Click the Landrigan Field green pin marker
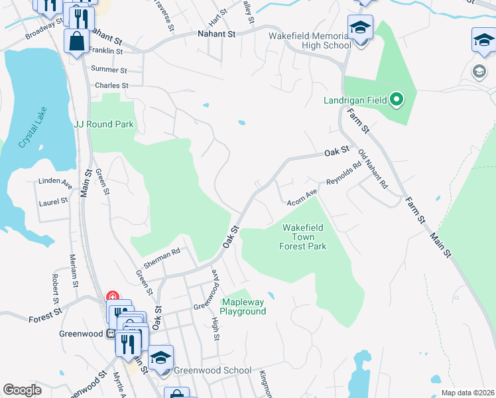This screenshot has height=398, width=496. point(397,101)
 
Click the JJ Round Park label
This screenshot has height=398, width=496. point(103,124)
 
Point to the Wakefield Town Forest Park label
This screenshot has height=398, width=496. point(304,237)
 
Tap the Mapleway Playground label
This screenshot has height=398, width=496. point(243,306)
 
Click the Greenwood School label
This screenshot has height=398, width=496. point(212,370)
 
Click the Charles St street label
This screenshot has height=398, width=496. point(111,86)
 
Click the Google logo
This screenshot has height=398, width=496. point(22,389)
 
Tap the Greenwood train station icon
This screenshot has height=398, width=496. point(111,334)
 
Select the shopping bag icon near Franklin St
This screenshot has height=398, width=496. point(76,40)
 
